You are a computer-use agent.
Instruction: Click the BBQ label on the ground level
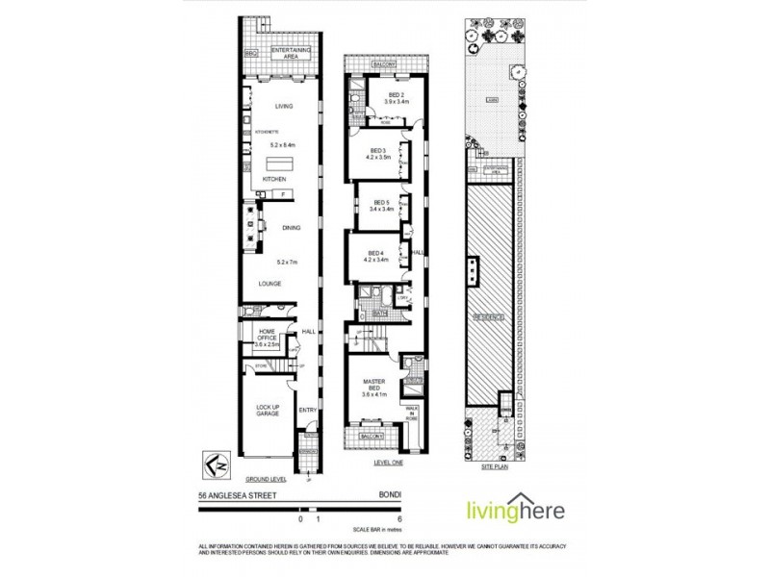pos(253,53)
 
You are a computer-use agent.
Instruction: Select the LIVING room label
pos(284,106)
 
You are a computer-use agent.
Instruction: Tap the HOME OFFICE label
pos(266,335)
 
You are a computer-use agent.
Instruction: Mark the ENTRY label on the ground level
pos(307,411)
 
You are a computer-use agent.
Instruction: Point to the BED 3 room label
pos(378,153)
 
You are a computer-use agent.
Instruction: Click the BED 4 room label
pos(375,256)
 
